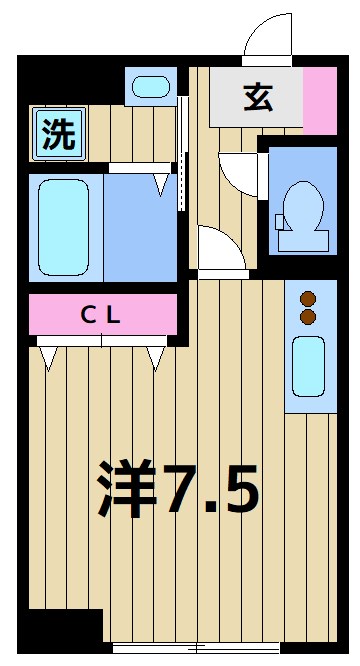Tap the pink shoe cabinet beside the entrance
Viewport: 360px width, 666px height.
click(x=320, y=100)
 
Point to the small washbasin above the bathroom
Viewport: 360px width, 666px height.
click(x=152, y=87)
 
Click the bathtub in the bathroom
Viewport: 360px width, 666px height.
click(x=64, y=229)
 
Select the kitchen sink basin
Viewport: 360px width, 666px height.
click(x=309, y=366)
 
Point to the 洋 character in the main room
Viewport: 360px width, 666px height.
click(x=127, y=490)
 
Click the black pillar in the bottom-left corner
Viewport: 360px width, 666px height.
click(x=60, y=630)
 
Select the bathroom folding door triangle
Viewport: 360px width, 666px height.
click(x=161, y=183)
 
